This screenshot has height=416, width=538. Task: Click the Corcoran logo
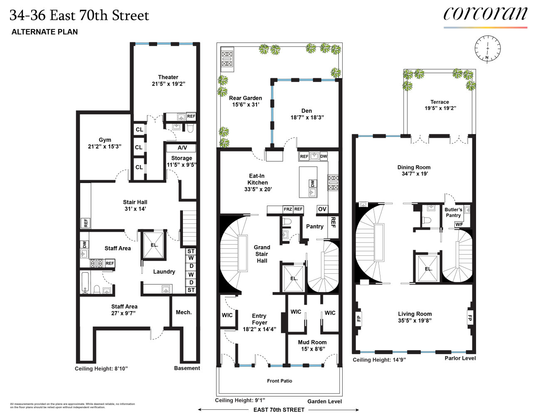point(485,15)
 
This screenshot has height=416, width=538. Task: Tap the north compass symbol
point(487,49)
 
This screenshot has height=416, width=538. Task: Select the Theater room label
point(168,77)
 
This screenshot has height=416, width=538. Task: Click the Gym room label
point(105,140)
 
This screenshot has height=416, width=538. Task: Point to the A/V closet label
point(182,148)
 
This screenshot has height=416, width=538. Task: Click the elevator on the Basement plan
point(154,245)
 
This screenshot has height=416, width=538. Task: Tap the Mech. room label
point(183,312)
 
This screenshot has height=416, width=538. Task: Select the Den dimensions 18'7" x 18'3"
point(307,118)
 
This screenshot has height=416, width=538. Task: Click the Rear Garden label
point(245,98)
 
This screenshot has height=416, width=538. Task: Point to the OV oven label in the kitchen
point(322,209)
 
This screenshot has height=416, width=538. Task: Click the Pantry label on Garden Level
point(314,227)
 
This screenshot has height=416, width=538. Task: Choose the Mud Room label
point(312,342)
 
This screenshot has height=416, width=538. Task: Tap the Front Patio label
point(279,381)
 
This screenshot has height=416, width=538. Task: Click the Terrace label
point(439,102)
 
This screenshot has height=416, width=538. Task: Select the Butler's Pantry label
point(453,213)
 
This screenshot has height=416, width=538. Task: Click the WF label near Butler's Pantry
point(459,225)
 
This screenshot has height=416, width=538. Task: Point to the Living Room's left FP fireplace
point(359,319)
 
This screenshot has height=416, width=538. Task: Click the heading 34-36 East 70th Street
point(79,16)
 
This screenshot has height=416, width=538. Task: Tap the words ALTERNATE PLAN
point(44,32)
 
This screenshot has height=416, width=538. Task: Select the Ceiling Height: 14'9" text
point(379,360)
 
